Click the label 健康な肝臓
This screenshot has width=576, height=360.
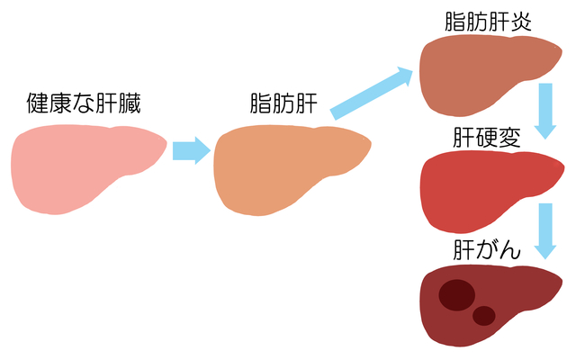pos(85,103)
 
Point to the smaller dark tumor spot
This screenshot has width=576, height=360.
pos(484,315)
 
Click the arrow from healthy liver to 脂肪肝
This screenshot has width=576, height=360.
pos(190,149)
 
